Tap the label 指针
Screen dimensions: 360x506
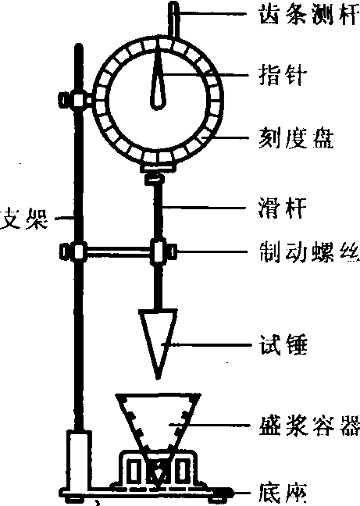tap(282, 75)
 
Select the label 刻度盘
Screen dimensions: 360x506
tap(296, 138)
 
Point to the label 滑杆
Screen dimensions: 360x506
tap(282, 208)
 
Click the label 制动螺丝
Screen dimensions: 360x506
tap(310, 252)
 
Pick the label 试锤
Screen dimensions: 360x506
tap(283, 345)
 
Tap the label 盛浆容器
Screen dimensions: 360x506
tap(310, 426)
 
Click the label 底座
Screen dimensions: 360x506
tap(282, 494)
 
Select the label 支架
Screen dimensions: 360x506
tap(24, 219)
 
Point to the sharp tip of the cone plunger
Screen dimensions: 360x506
tap(158, 379)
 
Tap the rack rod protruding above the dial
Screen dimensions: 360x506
tap(173, 20)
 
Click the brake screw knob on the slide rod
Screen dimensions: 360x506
tap(173, 251)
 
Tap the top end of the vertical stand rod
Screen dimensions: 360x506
tap(78, 45)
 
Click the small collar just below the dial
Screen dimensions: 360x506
tap(155, 179)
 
